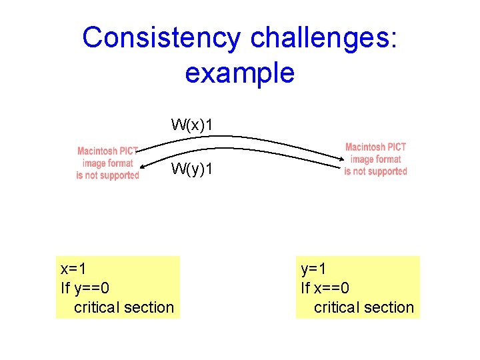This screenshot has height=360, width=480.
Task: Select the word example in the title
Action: click(x=239, y=72)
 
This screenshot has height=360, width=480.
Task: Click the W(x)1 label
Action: click(x=192, y=124)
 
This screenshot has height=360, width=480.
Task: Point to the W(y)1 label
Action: click(x=192, y=169)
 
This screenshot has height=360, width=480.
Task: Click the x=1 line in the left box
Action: click(x=73, y=269)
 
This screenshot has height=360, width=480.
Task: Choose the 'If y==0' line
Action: click(x=85, y=288)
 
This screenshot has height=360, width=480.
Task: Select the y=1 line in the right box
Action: click(x=313, y=269)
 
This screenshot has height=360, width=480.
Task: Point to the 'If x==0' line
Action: click(x=325, y=288)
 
